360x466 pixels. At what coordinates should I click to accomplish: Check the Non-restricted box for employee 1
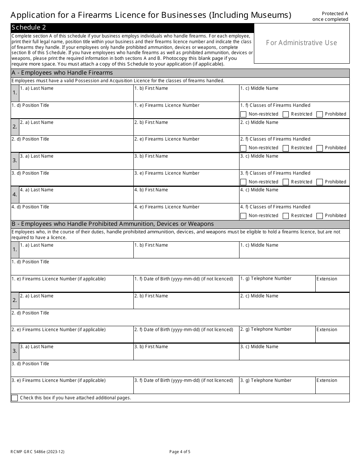[243, 114]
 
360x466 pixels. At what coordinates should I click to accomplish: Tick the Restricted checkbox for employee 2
[286, 148]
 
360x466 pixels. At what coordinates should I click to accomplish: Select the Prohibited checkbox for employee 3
[319, 182]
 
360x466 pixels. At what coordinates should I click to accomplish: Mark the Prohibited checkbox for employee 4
[319, 216]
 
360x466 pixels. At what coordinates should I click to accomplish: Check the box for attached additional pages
[14, 398]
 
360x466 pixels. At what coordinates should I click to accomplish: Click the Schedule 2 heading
[29, 27]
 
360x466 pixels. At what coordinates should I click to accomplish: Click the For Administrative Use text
[301, 43]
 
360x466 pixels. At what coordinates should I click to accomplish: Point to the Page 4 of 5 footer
[180, 452]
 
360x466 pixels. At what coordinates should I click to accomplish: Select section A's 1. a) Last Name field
[76, 95]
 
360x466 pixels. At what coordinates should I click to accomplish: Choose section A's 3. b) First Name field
[186, 163]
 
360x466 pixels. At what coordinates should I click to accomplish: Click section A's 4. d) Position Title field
[72, 214]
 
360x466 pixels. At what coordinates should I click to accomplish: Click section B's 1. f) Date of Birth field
[186, 286]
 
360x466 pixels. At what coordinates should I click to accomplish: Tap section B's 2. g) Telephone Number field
[277, 336]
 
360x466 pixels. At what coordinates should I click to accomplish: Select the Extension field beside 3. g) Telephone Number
[332, 388]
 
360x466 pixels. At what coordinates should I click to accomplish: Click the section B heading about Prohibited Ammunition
[113, 224]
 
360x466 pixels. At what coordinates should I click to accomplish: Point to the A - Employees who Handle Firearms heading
[63, 73]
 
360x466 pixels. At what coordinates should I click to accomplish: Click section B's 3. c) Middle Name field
[294, 354]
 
